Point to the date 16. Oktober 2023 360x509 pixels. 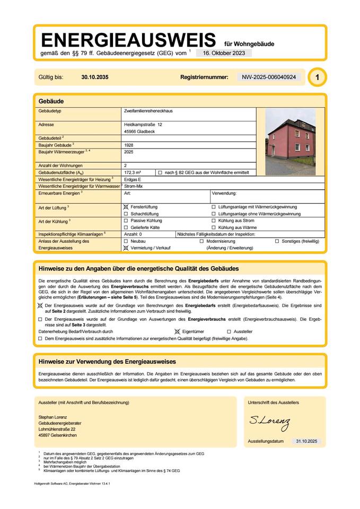224,53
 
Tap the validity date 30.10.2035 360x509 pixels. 95,77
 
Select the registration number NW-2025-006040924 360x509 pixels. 269,77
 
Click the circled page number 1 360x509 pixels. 317,77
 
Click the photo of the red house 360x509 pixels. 289,142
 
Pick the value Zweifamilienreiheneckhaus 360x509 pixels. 148,112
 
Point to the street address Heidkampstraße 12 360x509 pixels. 143,124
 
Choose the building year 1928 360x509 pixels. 129,144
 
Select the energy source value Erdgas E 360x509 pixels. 133,180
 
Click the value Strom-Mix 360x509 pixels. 133,187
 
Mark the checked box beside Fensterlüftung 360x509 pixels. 126,207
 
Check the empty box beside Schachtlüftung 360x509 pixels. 126,214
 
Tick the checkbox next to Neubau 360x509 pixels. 126,241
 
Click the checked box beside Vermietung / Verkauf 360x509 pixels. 126,248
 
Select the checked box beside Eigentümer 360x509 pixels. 178,331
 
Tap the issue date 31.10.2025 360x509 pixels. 305,441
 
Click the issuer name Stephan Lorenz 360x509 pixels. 52,417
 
